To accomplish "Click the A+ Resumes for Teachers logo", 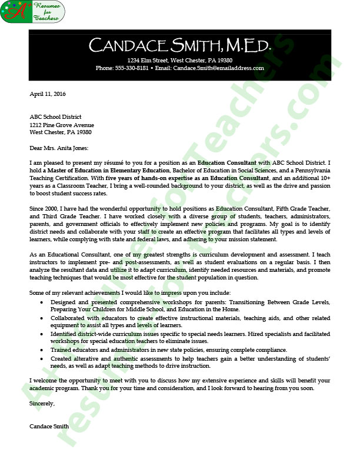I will coord(32,12).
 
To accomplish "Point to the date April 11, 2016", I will coord(48,94).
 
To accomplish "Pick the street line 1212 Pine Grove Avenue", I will coord(62,125).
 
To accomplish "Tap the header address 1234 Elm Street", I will coord(150,60).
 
